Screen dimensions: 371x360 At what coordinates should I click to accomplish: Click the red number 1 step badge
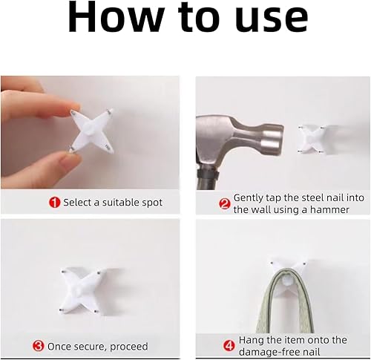(54, 203)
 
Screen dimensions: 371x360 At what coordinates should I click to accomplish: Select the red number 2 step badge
(225, 204)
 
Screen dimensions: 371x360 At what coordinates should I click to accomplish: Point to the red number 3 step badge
(39, 346)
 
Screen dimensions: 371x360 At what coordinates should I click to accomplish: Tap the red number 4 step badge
(229, 346)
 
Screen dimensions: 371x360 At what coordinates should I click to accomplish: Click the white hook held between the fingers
(91, 130)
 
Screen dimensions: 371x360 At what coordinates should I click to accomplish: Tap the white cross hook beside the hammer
(312, 139)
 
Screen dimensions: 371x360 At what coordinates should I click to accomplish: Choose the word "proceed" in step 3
(129, 347)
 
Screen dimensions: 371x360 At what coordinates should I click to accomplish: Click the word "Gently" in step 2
(249, 198)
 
